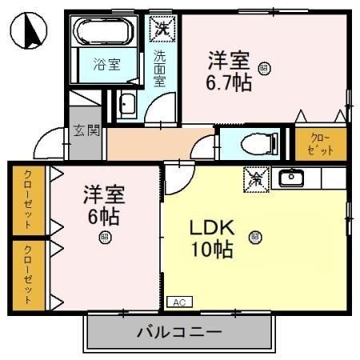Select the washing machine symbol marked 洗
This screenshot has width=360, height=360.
162,27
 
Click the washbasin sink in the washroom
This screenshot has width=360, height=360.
128,104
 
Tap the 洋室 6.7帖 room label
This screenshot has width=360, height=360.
229,71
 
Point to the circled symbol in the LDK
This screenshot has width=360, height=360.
254,236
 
